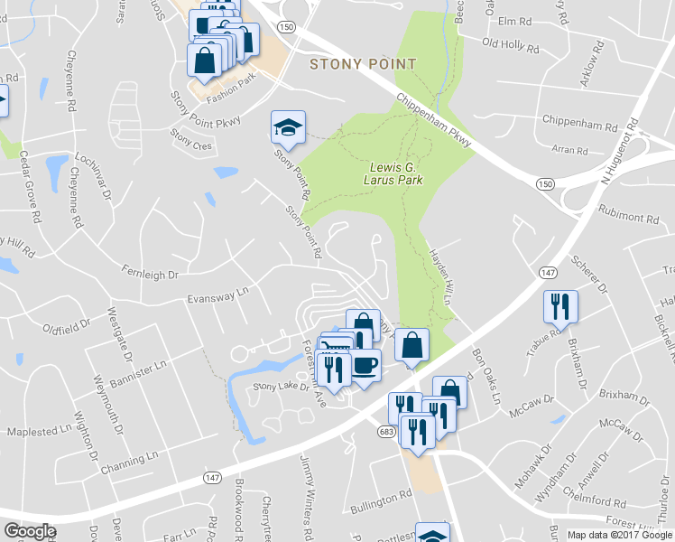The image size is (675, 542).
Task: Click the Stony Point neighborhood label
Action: click(363, 64)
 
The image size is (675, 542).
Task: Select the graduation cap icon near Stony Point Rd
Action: click(288, 127)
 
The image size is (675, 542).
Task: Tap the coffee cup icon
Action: click(365, 366)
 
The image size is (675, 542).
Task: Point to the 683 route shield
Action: click(386, 434)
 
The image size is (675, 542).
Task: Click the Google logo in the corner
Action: click(30, 531)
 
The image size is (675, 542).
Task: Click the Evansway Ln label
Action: click(217, 295)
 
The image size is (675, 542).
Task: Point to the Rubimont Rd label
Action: click(628, 218)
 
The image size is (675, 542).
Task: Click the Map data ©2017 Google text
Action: click(618, 535)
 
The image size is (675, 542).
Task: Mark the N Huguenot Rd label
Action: click(621, 149)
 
